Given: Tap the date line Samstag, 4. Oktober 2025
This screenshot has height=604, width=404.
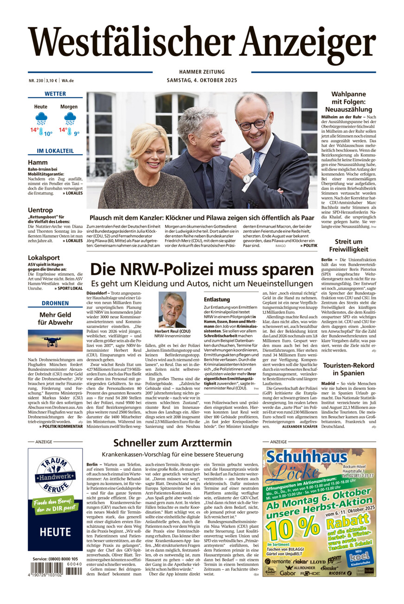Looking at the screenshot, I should [202, 80].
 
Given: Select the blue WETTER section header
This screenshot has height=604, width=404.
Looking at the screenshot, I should [55, 94].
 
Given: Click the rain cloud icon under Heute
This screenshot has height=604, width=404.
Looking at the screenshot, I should [41, 118].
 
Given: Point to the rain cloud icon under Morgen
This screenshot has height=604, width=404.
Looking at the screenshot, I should [70, 118].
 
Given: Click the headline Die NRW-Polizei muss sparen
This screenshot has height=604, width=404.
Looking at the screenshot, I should [202, 270].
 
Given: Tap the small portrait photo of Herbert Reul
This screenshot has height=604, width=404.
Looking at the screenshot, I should [172, 310].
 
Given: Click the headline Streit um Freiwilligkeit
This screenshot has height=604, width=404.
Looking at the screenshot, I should [349, 245].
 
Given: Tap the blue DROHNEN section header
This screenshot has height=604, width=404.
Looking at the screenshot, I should [55, 303].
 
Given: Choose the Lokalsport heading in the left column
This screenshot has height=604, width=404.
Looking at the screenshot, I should [44, 257].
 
